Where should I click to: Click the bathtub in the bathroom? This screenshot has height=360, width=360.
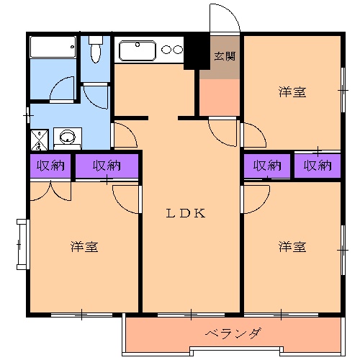coord(53,48)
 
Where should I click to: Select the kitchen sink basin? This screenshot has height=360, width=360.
coord(138,50)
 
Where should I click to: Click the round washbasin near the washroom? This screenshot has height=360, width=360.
coord(68,137)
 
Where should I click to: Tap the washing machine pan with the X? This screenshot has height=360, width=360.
coord(40,138)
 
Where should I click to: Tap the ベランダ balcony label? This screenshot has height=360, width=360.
coord(232,334)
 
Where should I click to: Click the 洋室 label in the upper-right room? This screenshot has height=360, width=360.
coord(292,92)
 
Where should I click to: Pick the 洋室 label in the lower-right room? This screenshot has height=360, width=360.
coord(292,247)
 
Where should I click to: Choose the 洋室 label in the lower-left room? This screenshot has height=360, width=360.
coord(84,247)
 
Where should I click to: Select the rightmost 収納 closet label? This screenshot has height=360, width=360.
coord(317,166)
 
